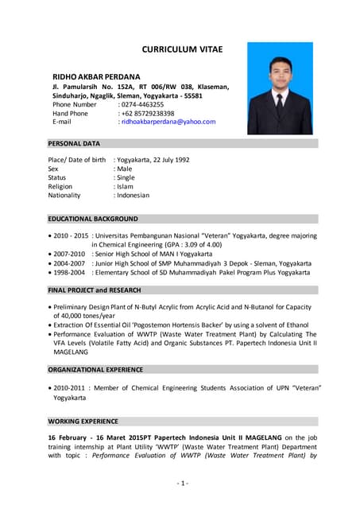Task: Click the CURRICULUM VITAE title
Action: click(x=182, y=49)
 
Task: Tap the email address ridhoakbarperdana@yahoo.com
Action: click(x=168, y=122)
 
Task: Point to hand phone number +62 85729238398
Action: click(x=147, y=113)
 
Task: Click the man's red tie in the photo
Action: click(x=280, y=103)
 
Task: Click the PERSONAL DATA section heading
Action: click(x=74, y=144)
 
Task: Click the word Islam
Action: click(x=125, y=186)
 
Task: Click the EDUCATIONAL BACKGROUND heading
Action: click(x=93, y=218)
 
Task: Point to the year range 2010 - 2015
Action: click(x=71, y=235)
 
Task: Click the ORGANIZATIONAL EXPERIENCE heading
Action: click(x=95, y=369)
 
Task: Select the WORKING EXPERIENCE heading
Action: click(x=83, y=421)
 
